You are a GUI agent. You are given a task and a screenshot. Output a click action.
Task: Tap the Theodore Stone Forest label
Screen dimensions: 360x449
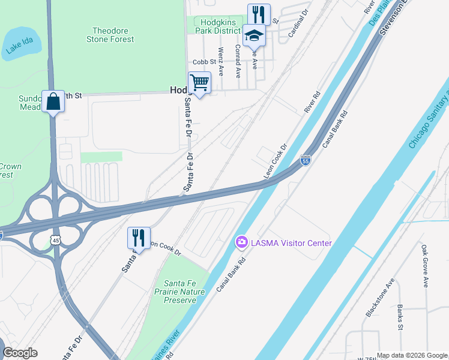[x=113, y=35]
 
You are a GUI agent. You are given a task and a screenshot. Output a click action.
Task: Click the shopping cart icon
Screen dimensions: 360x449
[x=199, y=82]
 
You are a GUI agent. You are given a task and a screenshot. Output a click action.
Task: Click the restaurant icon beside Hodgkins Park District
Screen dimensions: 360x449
[x=259, y=14]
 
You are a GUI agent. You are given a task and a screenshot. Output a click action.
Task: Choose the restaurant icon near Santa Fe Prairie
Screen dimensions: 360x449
[x=139, y=238]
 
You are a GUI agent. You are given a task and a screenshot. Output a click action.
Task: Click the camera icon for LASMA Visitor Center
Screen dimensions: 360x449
[x=241, y=242]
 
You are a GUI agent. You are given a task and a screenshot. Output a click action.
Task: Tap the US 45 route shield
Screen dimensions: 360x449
[x=55, y=240]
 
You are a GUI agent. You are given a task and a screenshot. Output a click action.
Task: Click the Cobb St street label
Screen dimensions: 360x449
[x=204, y=62]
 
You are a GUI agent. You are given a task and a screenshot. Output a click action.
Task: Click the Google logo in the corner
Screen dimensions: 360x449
[x=19, y=353]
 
